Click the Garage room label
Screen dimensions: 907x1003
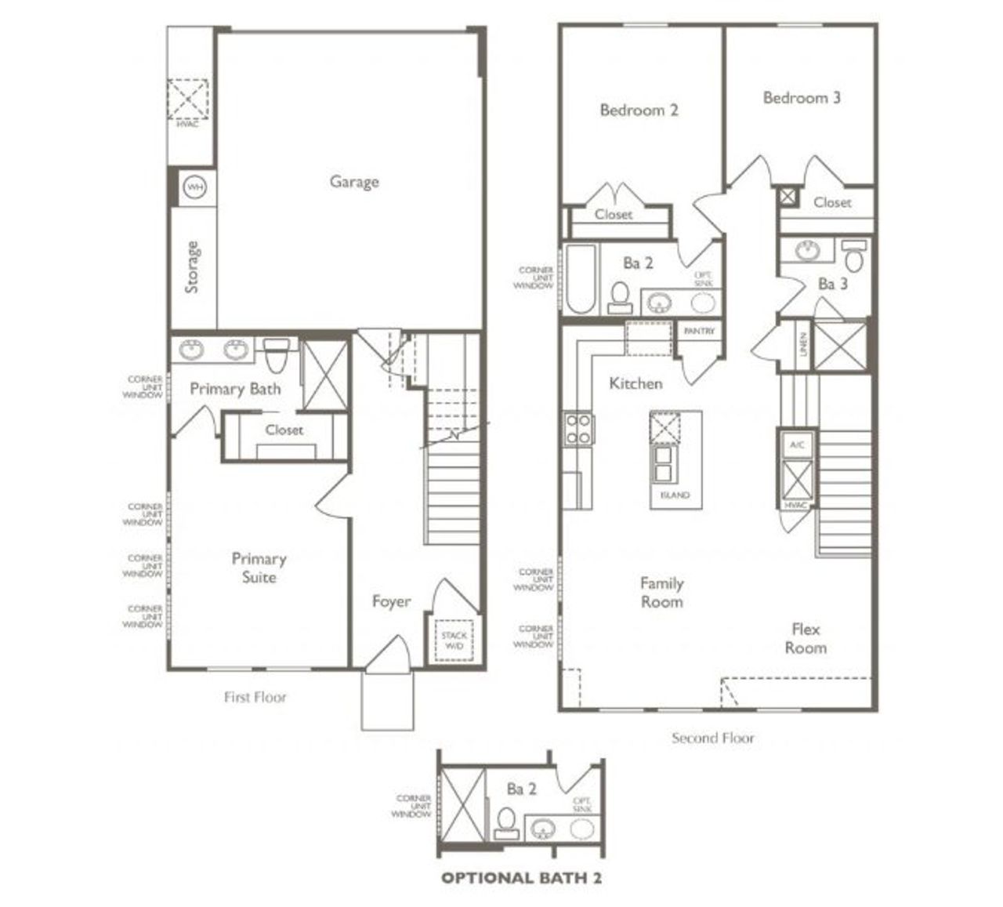[x=353, y=182]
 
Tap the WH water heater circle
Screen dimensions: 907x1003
[x=194, y=188]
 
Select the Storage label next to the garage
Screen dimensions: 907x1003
[x=192, y=267]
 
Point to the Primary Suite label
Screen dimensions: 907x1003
[x=259, y=568]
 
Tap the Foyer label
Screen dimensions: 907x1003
[x=391, y=601]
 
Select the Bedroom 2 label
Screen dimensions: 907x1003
[x=639, y=110]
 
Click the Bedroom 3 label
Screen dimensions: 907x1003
[x=802, y=98]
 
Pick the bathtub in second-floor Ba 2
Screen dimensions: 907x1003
[x=581, y=280]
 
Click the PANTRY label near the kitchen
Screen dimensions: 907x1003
[x=699, y=332]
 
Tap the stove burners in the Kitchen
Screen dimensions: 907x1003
[x=578, y=430]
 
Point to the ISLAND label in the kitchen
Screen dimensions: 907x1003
[x=675, y=495]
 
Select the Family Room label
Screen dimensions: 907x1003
[x=661, y=593]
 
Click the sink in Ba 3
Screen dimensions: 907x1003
[x=806, y=251]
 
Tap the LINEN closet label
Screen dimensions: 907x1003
[x=803, y=346]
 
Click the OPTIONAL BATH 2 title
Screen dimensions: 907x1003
[x=521, y=878]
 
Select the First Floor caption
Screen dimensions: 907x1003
[x=255, y=696]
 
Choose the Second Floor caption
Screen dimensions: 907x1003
[x=713, y=738]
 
